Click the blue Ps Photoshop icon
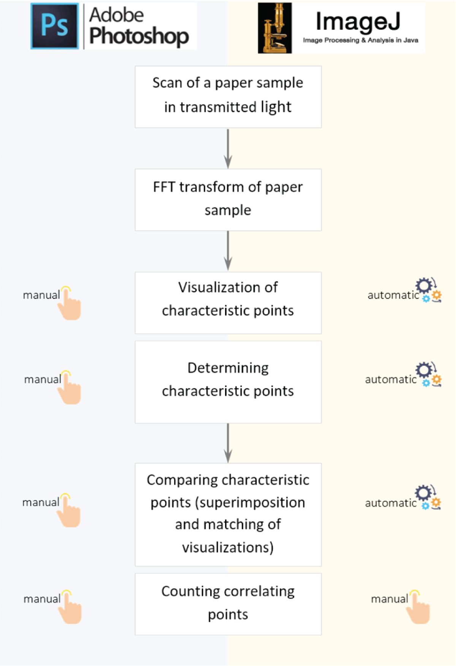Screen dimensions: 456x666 [x=55, y=26]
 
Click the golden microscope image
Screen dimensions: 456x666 [x=275, y=28]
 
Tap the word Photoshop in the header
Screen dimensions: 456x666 [x=139, y=36]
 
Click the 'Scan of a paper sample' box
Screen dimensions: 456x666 [x=228, y=97]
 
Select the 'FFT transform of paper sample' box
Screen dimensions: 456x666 [x=228, y=200]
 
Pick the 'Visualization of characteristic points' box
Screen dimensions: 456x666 [x=228, y=303]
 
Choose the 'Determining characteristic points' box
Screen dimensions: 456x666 [x=228, y=382]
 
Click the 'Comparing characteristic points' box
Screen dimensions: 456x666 [x=228, y=514]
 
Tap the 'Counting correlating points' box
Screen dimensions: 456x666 [x=228, y=604]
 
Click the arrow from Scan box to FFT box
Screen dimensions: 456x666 [x=228, y=148]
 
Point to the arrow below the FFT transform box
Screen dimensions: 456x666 [x=228, y=251]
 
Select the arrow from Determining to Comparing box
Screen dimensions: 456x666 [x=228, y=443]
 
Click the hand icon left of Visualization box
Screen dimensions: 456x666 [x=69, y=303]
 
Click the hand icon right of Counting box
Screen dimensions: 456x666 [x=418, y=607]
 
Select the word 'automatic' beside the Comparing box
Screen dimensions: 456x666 [x=391, y=503]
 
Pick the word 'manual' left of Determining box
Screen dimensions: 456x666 [x=43, y=379]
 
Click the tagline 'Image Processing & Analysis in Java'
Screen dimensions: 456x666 [x=361, y=40]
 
